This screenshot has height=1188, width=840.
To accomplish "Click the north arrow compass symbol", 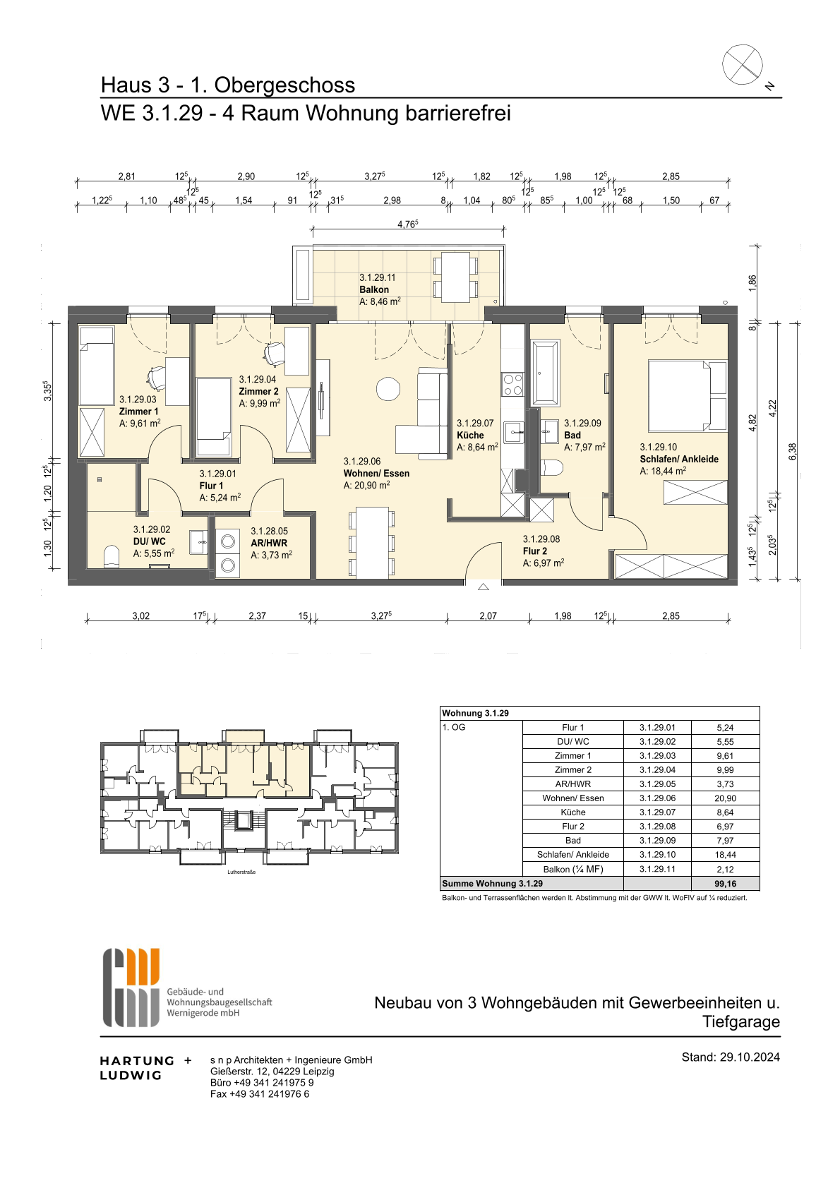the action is pos(742,64).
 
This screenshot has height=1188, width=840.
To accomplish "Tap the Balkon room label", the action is pos(374,289).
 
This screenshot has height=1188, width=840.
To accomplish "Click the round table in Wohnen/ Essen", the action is pos(388,389).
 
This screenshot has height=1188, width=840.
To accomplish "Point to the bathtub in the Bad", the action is pos(544,374).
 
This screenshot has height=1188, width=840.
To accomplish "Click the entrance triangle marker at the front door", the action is pos(483,587).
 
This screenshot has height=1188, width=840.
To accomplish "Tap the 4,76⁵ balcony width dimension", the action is pos(407,224).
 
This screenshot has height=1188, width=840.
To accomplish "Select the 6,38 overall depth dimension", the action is pos(792,451).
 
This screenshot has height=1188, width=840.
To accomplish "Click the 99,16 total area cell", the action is pos(725,884).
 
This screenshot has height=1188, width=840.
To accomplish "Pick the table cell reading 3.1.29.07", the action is pos(657,812).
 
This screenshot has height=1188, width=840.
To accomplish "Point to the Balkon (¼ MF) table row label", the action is pos(572,869).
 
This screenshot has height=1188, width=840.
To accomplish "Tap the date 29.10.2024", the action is pos(750,1057).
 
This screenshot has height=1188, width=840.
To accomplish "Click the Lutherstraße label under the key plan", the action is pos(241,872).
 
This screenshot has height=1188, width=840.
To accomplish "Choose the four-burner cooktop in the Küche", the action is pos(512,385).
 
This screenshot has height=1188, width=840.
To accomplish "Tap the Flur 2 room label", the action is pos(534,551).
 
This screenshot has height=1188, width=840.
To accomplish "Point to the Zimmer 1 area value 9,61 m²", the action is pos(140,424).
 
